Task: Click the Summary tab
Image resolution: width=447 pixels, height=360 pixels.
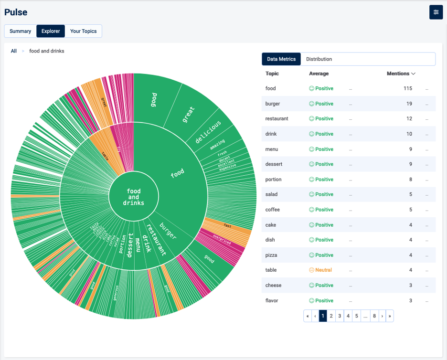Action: (20, 31)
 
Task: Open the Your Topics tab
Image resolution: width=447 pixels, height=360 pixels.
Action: (83, 31)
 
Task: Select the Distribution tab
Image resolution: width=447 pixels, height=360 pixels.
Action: (319, 59)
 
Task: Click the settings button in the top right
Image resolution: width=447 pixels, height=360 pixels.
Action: (436, 12)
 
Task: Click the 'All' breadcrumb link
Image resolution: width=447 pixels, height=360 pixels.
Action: (14, 51)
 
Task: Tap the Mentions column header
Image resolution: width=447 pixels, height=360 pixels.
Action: (401, 74)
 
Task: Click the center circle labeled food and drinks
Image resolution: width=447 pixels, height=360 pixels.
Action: (134, 197)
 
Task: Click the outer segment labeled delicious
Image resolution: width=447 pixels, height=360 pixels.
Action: (208, 132)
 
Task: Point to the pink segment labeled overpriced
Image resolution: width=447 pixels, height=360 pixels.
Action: (222, 239)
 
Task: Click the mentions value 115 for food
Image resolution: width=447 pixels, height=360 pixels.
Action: (407, 88)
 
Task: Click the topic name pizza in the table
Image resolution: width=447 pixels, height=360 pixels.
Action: (271, 255)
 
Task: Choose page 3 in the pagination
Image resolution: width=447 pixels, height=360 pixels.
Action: (340, 316)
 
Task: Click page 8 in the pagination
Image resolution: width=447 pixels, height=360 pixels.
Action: (374, 316)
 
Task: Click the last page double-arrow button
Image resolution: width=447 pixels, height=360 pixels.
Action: (390, 316)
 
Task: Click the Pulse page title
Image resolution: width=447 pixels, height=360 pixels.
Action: (16, 12)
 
